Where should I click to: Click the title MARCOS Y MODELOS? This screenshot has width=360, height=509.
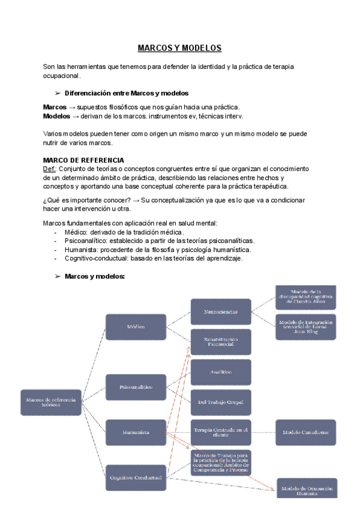(x=179, y=48)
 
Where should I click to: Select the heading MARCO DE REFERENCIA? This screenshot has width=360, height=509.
(x=83, y=160)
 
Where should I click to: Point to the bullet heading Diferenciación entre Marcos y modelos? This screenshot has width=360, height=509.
(x=126, y=93)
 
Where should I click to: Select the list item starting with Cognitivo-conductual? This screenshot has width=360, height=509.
(x=154, y=258)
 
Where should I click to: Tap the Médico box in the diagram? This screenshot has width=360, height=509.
(x=136, y=327)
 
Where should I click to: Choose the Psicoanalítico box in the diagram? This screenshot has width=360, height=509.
(x=136, y=387)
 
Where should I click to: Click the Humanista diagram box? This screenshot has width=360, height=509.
(x=136, y=432)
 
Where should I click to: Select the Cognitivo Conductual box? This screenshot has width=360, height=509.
(x=136, y=478)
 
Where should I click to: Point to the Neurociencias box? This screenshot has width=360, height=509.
(x=221, y=312)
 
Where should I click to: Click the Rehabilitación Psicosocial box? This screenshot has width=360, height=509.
(x=221, y=342)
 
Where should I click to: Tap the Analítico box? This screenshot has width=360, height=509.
(x=221, y=372)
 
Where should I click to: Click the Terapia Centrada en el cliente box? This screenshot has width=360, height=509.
(x=221, y=432)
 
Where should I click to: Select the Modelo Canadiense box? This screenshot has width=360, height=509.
(x=306, y=432)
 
